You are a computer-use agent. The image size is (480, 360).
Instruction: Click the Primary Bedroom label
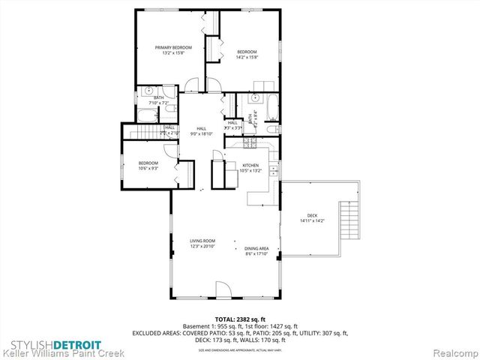click(169, 47)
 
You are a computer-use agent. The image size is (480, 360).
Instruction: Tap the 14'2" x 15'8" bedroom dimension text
click(247, 57)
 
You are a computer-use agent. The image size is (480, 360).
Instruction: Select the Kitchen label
click(250, 165)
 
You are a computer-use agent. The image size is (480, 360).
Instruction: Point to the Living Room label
click(202, 241)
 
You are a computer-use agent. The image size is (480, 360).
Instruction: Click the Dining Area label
click(256, 249)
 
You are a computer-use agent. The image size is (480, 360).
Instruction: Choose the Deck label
click(311, 215)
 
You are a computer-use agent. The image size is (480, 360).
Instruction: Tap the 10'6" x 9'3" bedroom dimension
click(148, 169)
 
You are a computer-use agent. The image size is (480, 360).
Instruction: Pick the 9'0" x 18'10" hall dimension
click(202, 133)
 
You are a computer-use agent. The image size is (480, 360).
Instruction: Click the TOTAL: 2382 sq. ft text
click(239, 319)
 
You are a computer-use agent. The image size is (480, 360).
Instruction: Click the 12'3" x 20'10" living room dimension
click(202, 246)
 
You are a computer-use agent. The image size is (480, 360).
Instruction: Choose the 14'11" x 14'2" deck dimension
click(311, 220)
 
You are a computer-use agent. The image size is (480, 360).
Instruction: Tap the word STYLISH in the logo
click(29, 345)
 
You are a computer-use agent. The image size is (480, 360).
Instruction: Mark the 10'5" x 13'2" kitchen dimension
click(250, 170)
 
